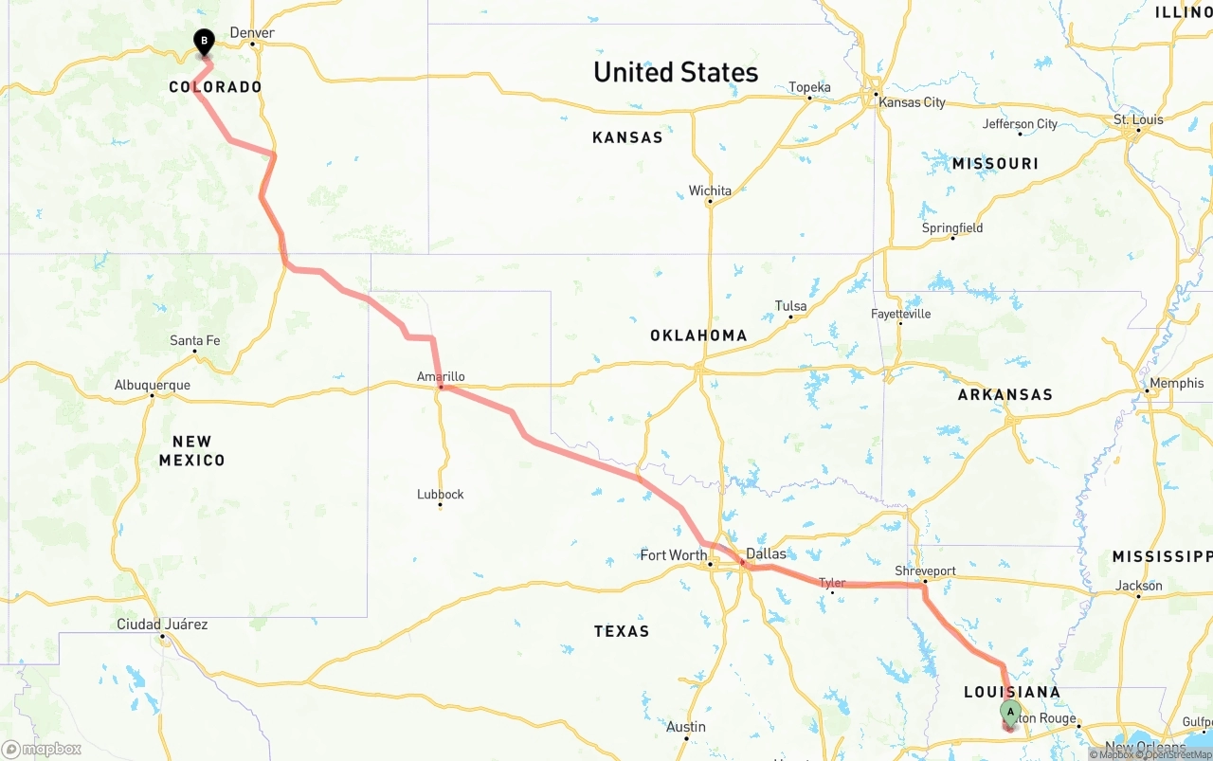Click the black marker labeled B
[x=204, y=42]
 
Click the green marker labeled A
[x=1010, y=713]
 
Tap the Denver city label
[x=253, y=33]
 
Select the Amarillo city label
[x=441, y=376]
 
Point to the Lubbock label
[x=441, y=494]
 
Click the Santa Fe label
[x=194, y=340]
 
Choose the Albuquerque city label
[x=152, y=385]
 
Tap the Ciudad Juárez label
[x=162, y=625]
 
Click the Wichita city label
[x=710, y=190]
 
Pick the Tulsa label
[x=790, y=306]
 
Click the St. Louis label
[x=1138, y=119]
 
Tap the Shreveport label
[x=925, y=571]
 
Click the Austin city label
[x=685, y=727]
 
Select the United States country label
[x=676, y=72]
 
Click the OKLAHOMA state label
[x=698, y=335]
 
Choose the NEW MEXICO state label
[x=191, y=451]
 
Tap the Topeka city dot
[x=809, y=98]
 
